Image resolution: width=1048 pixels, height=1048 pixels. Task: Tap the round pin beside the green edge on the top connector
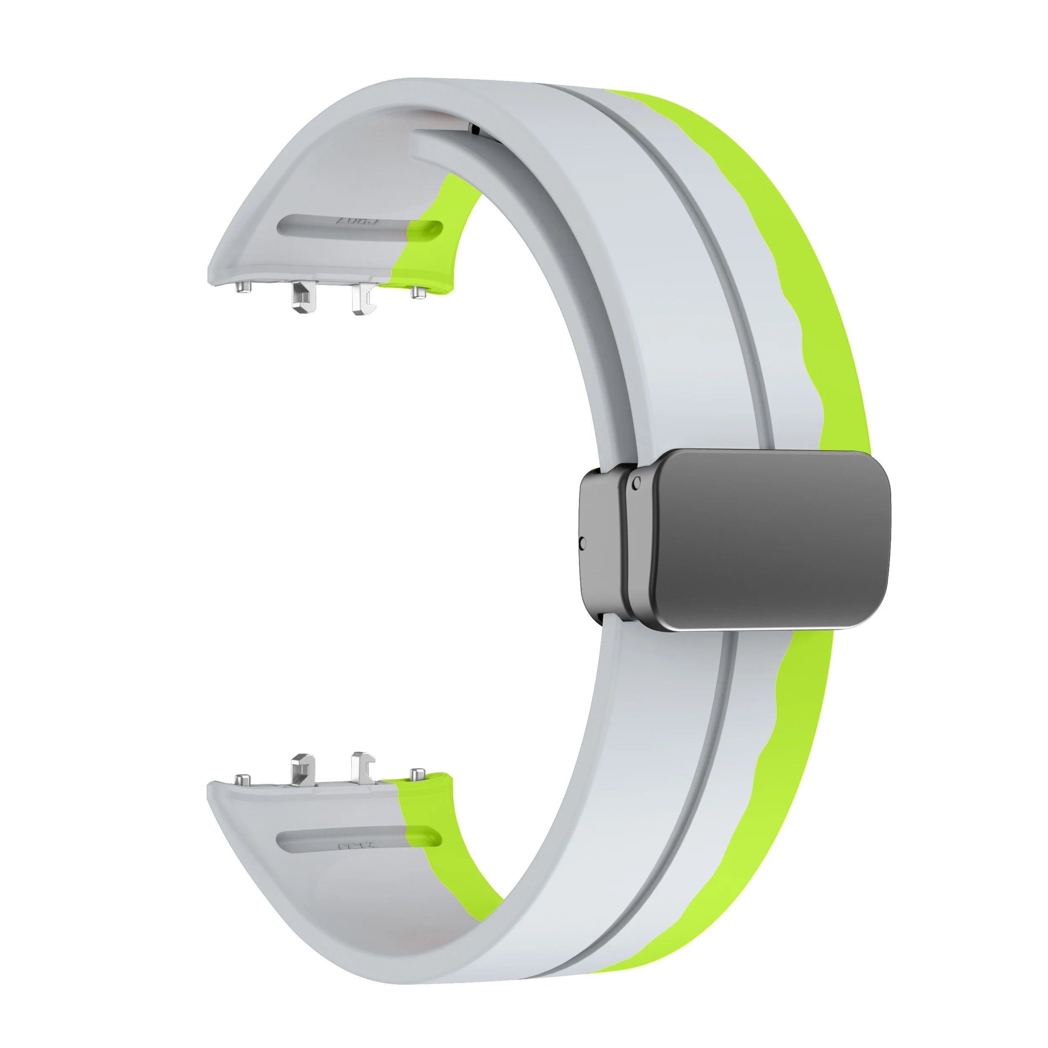point(417,292)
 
